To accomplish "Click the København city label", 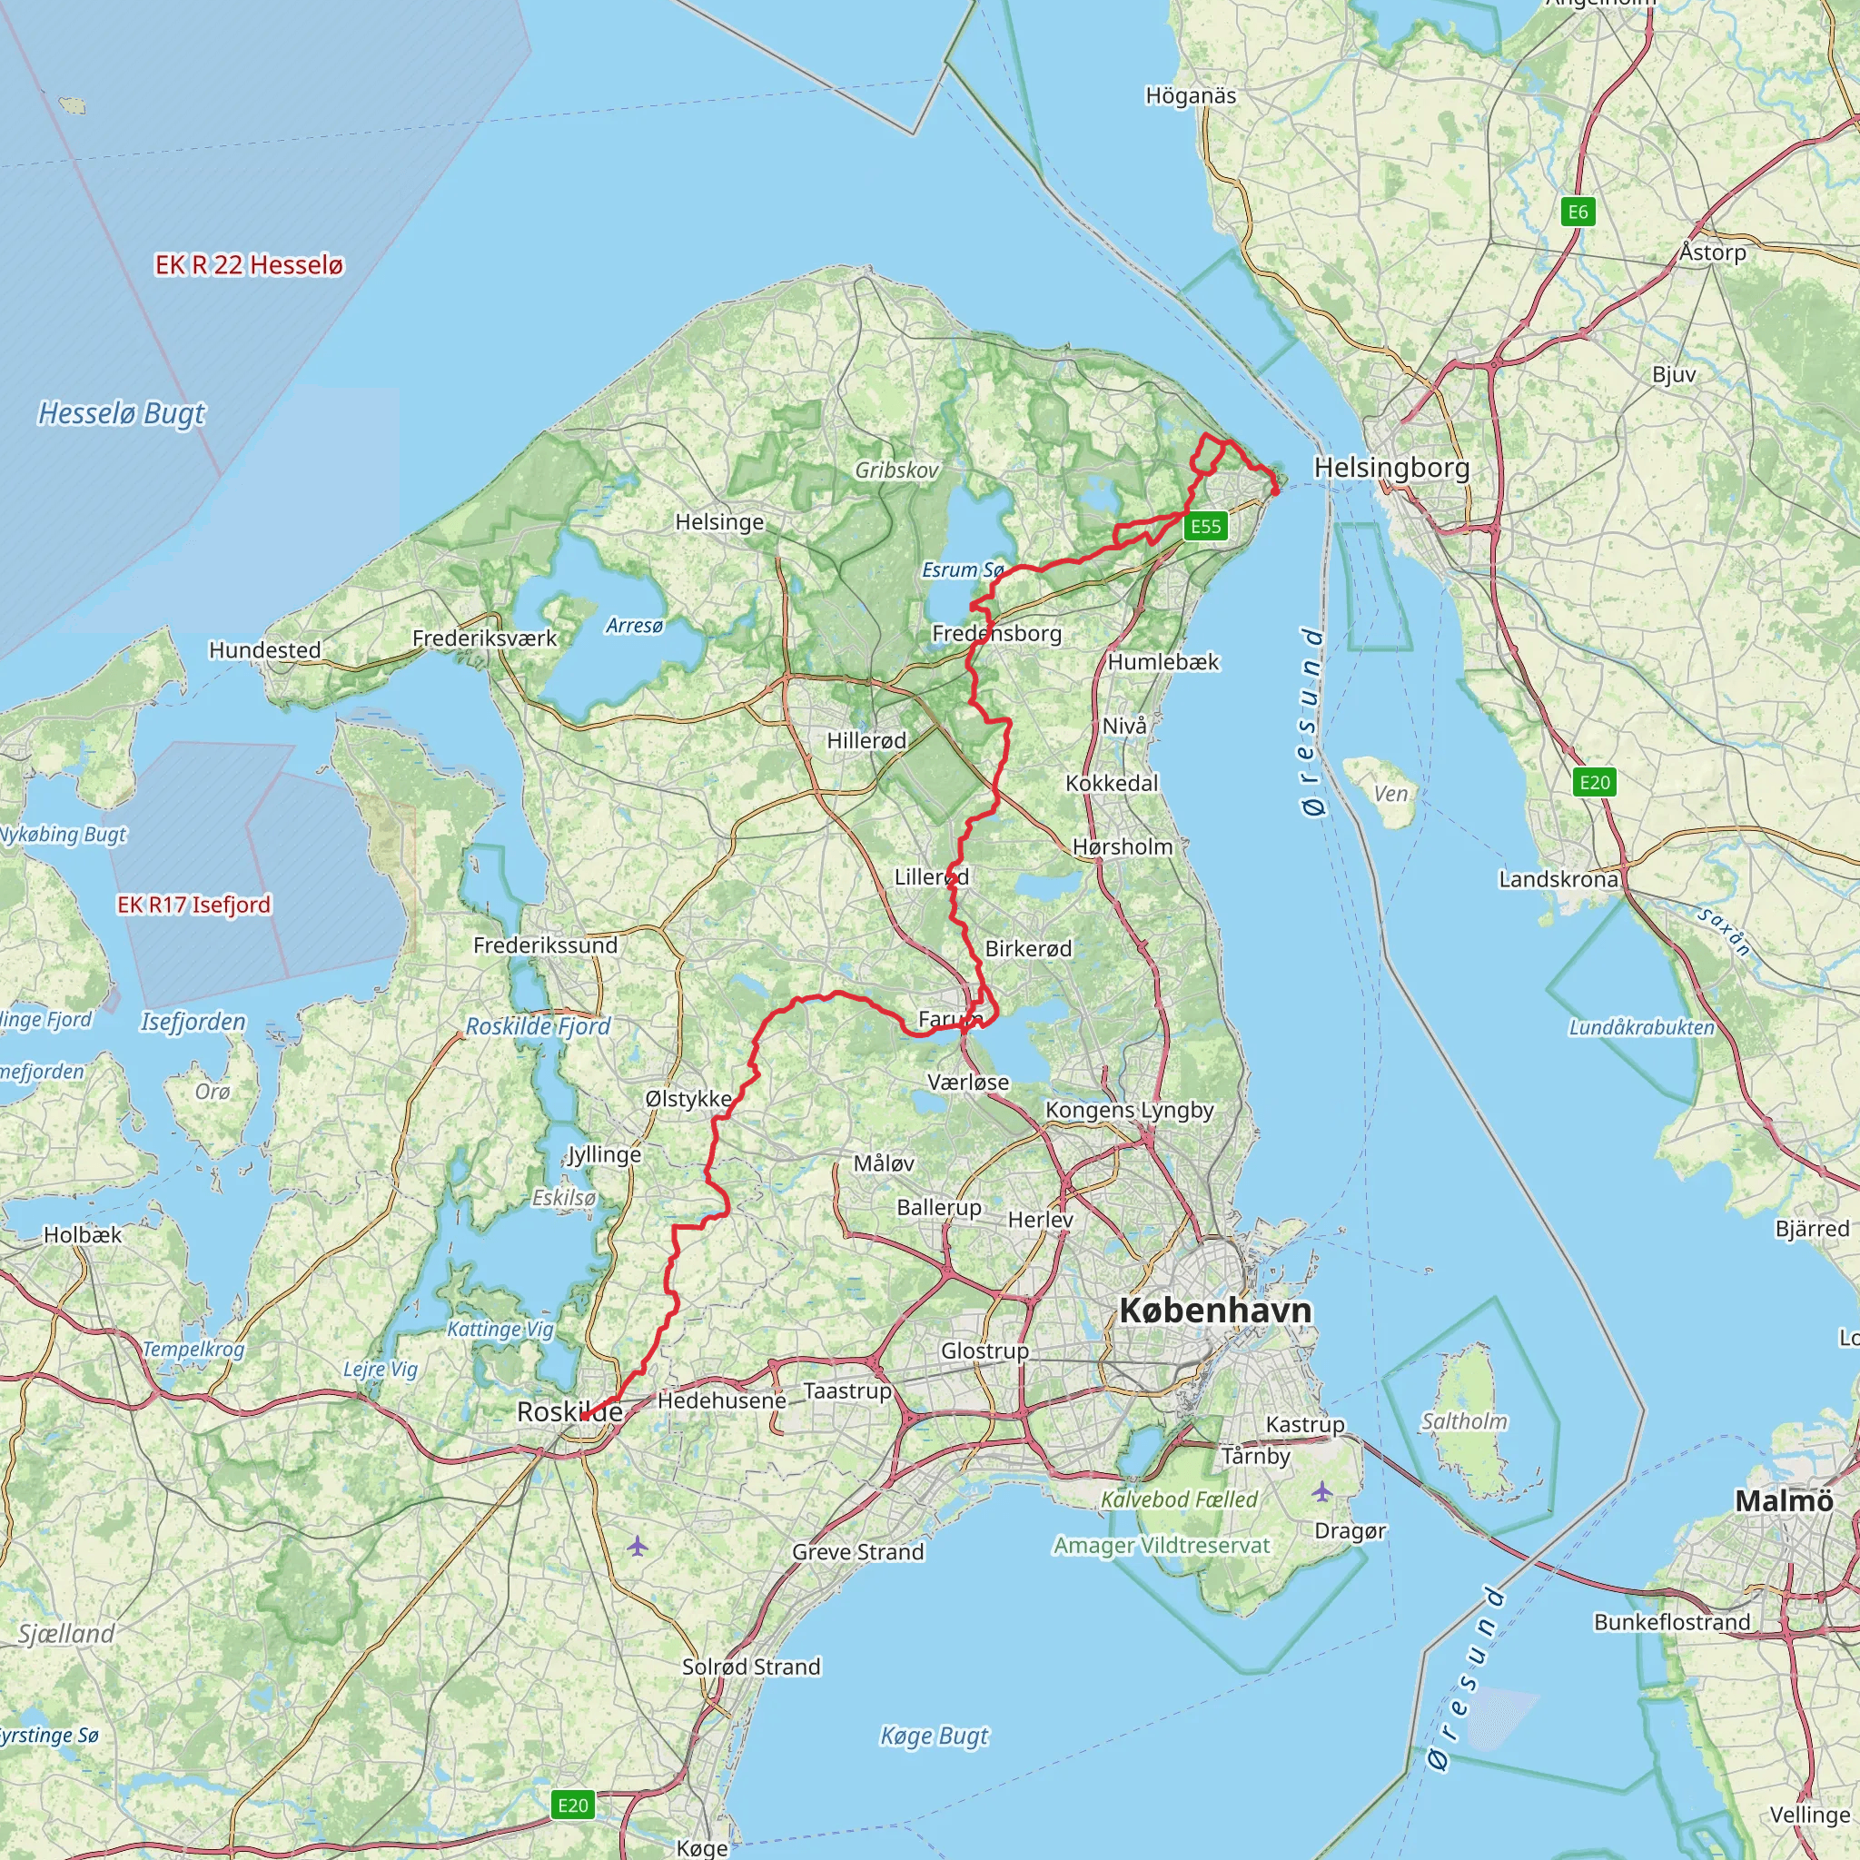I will point(1215,1311).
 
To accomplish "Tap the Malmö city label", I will point(1783,1500).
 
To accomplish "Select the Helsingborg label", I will point(1391,468).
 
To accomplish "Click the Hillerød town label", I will point(866,740).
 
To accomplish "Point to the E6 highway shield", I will point(1578,212).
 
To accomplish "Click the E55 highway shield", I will point(1205,526).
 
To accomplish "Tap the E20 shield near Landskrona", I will point(1594,782).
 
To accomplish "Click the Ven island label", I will point(1390,793).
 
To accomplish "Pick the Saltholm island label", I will point(1464,1421).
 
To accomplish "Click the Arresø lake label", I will point(635,626).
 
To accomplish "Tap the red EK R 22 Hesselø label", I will point(250,265).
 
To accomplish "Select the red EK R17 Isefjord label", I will point(193,904).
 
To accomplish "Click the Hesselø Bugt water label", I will point(122,413).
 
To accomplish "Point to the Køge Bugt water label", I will point(934,1736).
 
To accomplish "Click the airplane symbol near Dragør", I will point(1321,1492).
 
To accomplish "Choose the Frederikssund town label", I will point(545,945).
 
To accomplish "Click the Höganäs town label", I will point(1191,95).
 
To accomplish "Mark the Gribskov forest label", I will point(896,470).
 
